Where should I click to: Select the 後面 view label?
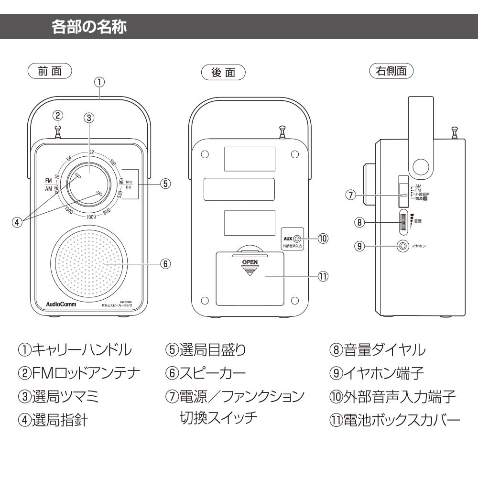223,73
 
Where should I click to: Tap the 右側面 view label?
391,71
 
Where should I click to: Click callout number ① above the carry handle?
99,82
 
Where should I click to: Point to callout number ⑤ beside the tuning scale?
164,184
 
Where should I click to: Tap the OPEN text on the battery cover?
250,262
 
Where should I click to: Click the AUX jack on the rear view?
297,238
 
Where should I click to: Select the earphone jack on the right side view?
403,246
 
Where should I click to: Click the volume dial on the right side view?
404,222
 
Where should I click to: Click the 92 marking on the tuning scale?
91,152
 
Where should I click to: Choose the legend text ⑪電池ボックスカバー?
394,420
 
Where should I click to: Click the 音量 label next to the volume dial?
418,221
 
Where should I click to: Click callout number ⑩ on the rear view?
323,238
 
